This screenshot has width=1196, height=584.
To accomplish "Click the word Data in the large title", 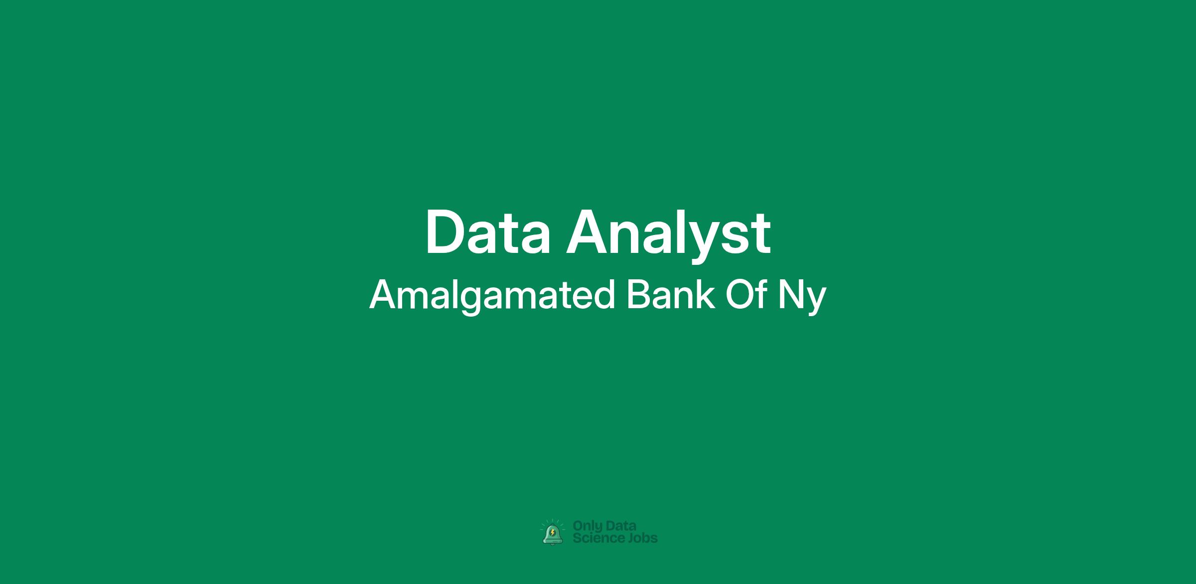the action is pyautogui.click(x=488, y=233).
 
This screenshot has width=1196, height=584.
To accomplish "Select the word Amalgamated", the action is pyautogui.click(x=492, y=296).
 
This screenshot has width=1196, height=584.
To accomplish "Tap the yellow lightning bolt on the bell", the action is pyautogui.click(x=552, y=533).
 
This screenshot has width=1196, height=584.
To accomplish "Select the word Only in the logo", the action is pyautogui.click(x=588, y=526).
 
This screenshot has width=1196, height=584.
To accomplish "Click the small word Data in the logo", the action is pyautogui.click(x=621, y=526).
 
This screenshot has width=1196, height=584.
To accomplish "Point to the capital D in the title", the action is pyautogui.click(x=444, y=233).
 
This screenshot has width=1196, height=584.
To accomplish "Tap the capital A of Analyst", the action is pyautogui.click(x=588, y=233).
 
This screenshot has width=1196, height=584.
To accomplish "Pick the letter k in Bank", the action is pyautogui.click(x=706, y=294).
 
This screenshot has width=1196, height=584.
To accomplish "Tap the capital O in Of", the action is pyautogui.click(x=739, y=294).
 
